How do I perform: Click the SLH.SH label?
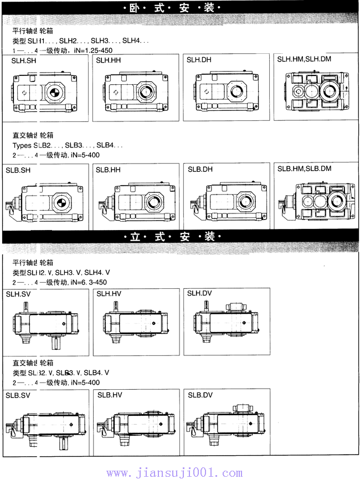coord(24,60)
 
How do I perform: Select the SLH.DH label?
coord(199,59)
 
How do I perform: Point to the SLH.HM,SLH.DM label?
coord(304,59)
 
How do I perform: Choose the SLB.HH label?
coord(108,170)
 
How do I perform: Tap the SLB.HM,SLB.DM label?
coord(304,168)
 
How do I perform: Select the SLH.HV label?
coord(109,293)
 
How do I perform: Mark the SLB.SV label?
coord(18,395)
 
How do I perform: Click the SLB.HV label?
coord(109,395)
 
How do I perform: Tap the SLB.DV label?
coord(200,395)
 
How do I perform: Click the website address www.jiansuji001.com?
coord(174,473)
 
